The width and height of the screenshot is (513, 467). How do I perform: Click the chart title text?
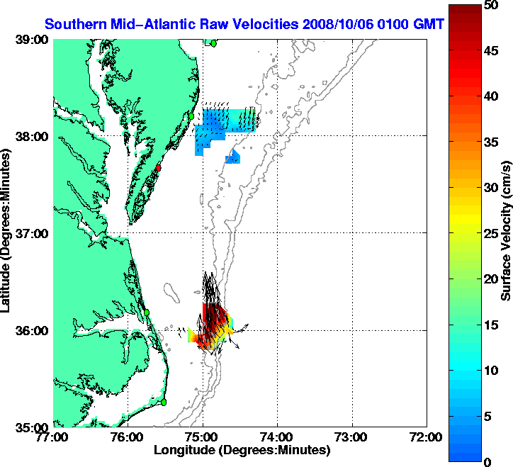(244, 24)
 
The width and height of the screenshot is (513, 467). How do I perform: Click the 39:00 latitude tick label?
(34, 40)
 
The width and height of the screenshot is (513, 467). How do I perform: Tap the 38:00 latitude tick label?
(34, 136)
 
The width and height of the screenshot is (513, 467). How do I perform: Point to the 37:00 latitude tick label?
(34, 233)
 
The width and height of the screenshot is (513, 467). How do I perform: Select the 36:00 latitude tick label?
(34, 330)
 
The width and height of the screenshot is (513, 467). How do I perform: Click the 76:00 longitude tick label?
(128, 437)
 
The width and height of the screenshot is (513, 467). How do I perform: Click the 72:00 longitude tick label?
(426, 437)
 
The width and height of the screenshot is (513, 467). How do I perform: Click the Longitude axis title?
(241, 450)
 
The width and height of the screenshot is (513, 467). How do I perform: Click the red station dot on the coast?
(159, 168)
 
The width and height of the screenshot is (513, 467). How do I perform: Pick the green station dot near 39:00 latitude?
(213, 43)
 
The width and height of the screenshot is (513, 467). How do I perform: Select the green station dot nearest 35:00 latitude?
(163, 402)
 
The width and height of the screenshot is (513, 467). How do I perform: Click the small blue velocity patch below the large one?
(233, 158)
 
